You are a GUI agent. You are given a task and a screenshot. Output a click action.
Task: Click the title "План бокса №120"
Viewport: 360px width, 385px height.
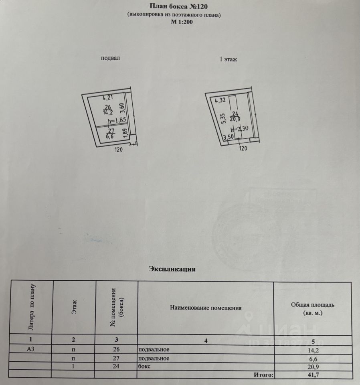(179, 6)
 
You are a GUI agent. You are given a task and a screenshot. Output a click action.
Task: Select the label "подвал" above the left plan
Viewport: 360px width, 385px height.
(111, 58)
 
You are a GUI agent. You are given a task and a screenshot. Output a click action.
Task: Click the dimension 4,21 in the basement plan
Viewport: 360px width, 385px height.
(108, 97)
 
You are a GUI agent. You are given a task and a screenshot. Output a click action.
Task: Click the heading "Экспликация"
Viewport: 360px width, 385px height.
(172, 269)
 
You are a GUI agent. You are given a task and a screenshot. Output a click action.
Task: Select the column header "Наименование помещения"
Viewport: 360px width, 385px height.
(206, 308)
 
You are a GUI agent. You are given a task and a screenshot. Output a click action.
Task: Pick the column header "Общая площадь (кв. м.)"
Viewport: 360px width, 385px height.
(313, 308)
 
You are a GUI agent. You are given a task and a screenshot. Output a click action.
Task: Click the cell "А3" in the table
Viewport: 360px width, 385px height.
(30, 349)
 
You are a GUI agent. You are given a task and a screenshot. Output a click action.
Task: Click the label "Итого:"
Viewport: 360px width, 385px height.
(263, 375)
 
